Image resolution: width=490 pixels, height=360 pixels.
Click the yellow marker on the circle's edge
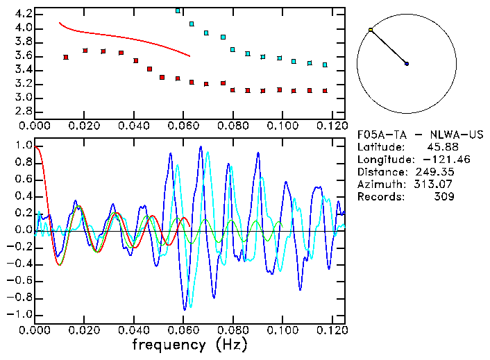click(371, 30)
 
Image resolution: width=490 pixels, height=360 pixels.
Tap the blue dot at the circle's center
click(407, 64)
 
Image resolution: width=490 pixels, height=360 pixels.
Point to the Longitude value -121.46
click(437, 160)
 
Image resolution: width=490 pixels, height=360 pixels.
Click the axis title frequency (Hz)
click(189, 344)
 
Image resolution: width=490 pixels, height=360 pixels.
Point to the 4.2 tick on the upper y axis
click(24, 14)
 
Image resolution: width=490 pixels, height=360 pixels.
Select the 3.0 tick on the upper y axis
click(24, 98)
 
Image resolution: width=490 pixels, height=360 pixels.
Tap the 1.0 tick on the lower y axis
click(24, 146)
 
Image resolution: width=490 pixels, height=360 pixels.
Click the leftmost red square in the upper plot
click(65, 57)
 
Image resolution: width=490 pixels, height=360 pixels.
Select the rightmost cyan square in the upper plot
click(324, 65)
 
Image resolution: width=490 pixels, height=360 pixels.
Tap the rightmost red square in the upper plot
click(324, 91)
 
